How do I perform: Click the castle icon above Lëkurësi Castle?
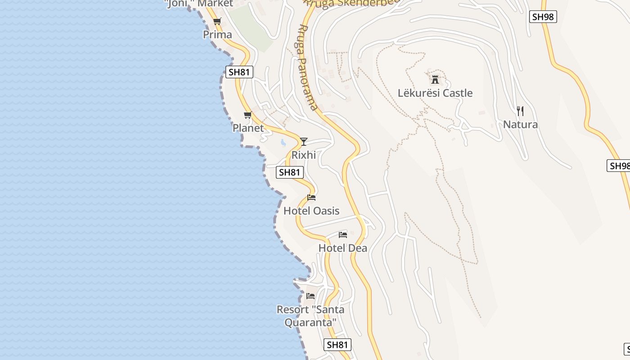click(x=435, y=80)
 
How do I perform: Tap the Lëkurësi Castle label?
click(x=435, y=93)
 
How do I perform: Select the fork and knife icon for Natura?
click(x=520, y=111)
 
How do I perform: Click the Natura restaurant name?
click(x=520, y=124)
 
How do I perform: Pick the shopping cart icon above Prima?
click(x=217, y=21)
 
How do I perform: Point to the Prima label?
click(x=217, y=35)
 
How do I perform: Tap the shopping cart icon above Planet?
click(x=247, y=115)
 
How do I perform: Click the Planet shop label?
click(x=248, y=128)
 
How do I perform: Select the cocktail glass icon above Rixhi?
click(x=304, y=142)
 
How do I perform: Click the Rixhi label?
click(x=304, y=155)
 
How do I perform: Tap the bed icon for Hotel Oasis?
click(x=311, y=198)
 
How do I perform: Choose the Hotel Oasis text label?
click(x=311, y=211)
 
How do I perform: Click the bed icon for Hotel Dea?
click(x=343, y=234)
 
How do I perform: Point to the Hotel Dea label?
click(x=343, y=248)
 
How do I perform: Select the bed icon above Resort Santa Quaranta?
click(x=310, y=296)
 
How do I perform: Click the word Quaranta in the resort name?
click(x=310, y=323)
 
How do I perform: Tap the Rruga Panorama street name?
click(x=308, y=67)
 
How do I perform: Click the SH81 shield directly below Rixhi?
click(x=290, y=172)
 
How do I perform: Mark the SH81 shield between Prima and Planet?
click(x=239, y=72)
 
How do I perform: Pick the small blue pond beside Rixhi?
click(x=283, y=143)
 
